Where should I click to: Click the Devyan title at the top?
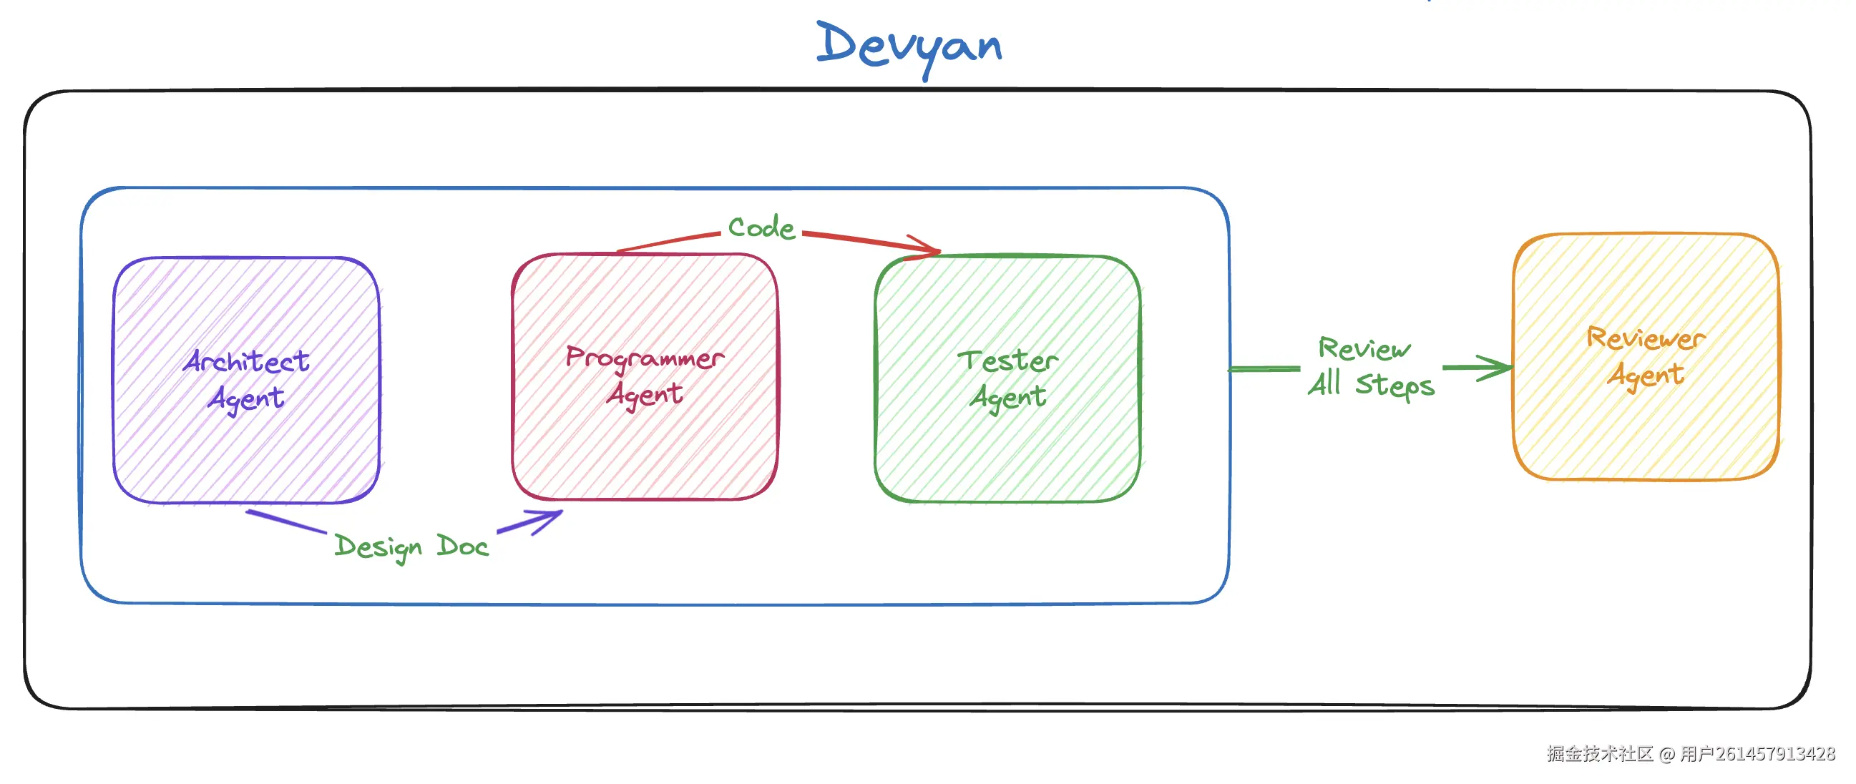pyautogui.click(x=909, y=46)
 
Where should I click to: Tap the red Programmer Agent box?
pyautogui.click(x=645, y=447)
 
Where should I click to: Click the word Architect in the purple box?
pyautogui.click(x=246, y=361)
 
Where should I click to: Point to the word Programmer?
pyautogui.click(x=645, y=358)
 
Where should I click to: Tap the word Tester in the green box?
pyautogui.click(x=1007, y=360)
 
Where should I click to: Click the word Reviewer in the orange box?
pyautogui.click(x=1646, y=337)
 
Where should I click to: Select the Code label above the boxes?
pyautogui.click(x=761, y=227)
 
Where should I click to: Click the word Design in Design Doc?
pyautogui.click(x=378, y=547)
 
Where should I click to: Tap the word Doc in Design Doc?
pyautogui.click(x=462, y=547)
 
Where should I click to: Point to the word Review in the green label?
pyautogui.click(x=1364, y=349)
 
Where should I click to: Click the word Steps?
pyautogui.click(x=1395, y=386)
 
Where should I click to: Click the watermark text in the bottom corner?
pyautogui.click(x=1690, y=754)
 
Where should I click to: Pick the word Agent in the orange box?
pyautogui.click(x=1646, y=375)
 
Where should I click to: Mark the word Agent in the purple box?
pyautogui.click(x=246, y=398)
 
